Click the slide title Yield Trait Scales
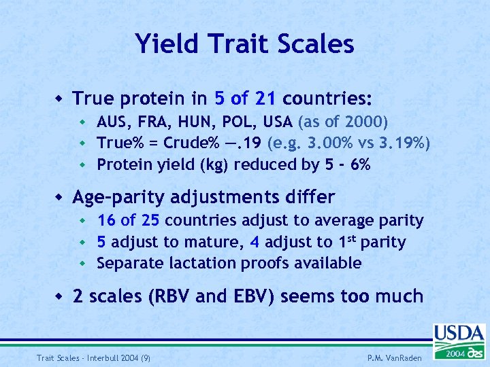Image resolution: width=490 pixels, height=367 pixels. click(x=244, y=44)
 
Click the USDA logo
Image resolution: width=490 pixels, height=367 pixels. click(x=459, y=342)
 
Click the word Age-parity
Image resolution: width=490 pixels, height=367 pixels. click(x=120, y=198)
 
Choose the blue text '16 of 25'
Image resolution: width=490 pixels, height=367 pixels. click(x=129, y=221)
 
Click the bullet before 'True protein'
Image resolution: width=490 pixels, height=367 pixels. click(x=59, y=99)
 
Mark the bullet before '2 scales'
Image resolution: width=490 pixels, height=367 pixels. click(x=59, y=296)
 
